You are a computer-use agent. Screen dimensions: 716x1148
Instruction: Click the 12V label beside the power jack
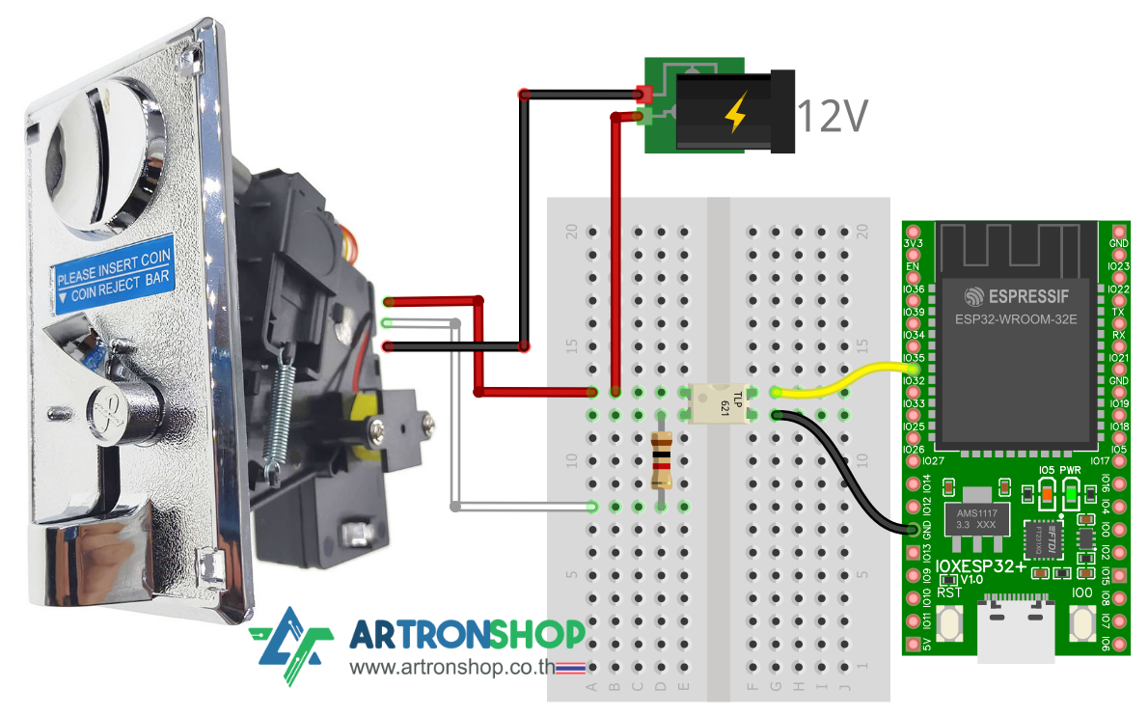tap(832, 115)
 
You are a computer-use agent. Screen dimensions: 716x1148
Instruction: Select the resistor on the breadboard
tap(662, 460)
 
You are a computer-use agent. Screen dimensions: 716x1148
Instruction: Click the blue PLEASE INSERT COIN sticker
tap(114, 269)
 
